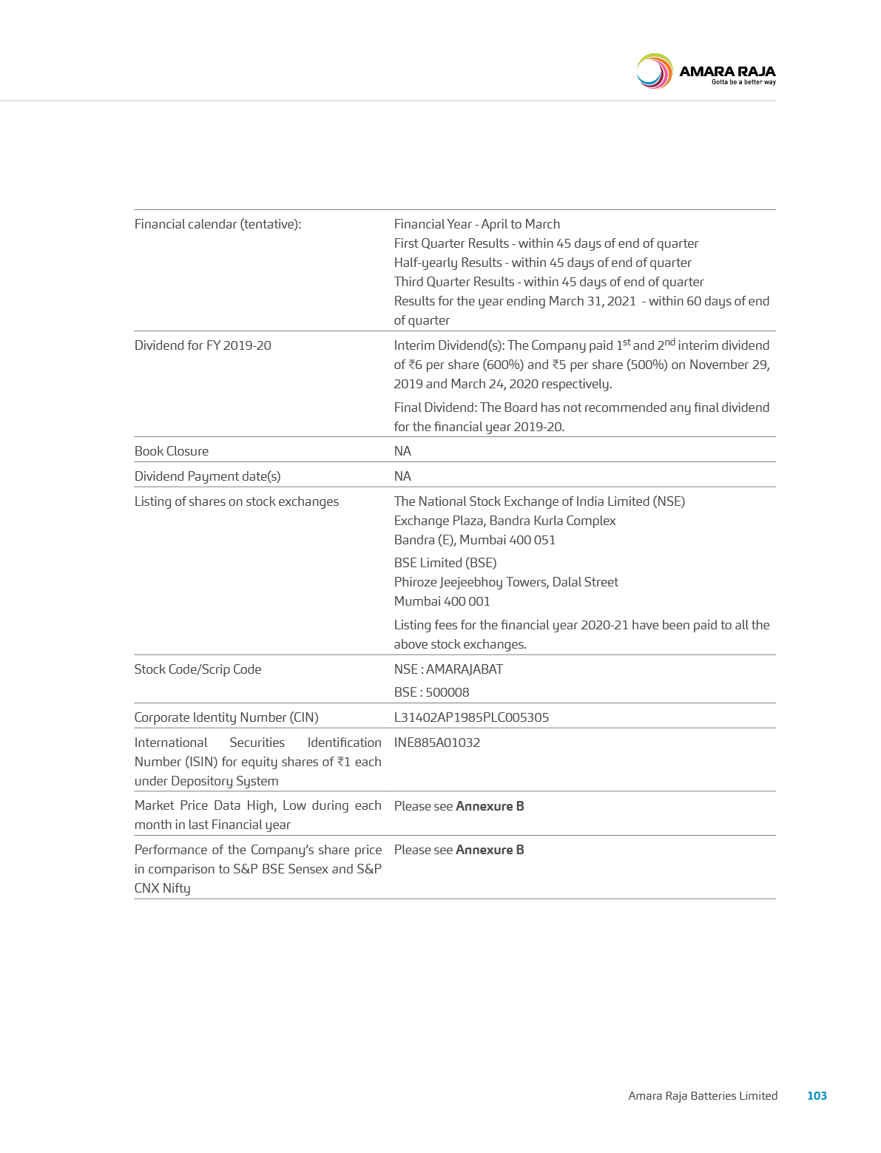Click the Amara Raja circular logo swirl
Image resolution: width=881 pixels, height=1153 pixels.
click(x=654, y=72)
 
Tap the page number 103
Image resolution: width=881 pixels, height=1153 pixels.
click(x=817, y=1095)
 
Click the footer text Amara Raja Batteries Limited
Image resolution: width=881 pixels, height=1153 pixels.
click(x=703, y=1095)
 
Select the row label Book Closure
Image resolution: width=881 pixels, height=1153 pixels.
click(x=172, y=451)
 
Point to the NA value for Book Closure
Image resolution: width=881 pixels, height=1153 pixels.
click(x=402, y=451)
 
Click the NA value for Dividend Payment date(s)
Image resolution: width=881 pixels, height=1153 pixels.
click(x=402, y=476)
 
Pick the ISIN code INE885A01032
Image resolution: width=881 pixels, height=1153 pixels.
click(x=437, y=743)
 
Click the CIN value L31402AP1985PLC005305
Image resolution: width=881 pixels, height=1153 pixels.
click(x=471, y=717)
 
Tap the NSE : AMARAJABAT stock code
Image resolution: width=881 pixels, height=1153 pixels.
click(x=448, y=669)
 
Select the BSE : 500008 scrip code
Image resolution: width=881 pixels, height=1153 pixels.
click(x=431, y=692)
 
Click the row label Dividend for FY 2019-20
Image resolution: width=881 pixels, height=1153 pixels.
click(x=203, y=345)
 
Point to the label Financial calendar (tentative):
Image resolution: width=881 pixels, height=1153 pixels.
click(x=217, y=224)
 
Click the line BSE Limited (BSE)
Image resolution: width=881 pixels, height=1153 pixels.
click(x=445, y=563)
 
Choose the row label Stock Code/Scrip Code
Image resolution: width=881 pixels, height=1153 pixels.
click(x=198, y=669)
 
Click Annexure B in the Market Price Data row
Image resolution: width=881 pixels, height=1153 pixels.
click(x=490, y=806)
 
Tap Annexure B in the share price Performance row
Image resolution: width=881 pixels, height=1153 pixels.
click(x=490, y=850)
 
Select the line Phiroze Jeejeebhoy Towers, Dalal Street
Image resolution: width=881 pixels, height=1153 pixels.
click(x=506, y=582)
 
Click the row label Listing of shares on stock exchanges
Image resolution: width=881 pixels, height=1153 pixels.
click(x=237, y=501)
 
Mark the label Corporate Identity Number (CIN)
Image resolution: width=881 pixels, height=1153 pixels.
click(x=226, y=717)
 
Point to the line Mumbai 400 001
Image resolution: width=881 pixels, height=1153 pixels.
click(x=442, y=601)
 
